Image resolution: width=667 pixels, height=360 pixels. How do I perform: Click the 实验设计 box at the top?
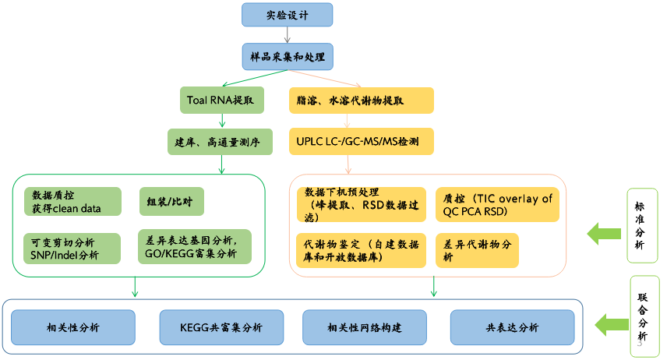288,14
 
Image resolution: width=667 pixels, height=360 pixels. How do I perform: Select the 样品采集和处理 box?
288,56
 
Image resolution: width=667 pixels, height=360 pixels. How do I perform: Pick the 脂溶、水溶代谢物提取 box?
361,101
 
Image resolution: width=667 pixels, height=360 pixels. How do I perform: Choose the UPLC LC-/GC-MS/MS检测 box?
361,142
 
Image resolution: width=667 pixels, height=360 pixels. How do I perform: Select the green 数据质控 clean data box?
73,201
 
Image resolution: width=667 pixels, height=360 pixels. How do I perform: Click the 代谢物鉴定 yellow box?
361,250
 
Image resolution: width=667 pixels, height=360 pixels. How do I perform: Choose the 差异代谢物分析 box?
477,250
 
